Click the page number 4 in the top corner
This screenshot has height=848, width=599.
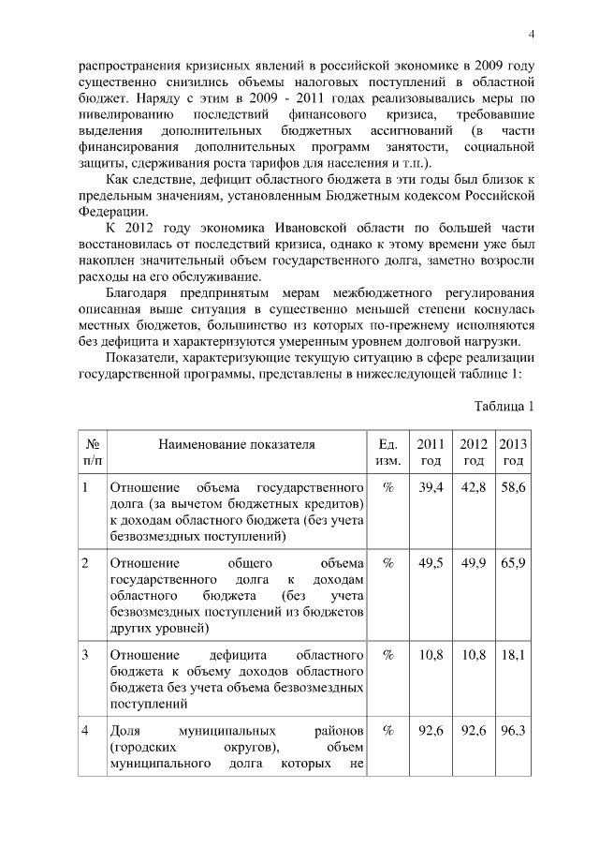pyautogui.click(x=530, y=36)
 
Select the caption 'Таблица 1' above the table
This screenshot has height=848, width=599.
pyautogui.click(x=504, y=406)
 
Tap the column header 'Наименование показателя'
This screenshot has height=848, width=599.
pyautogui.click(x=236, y=444)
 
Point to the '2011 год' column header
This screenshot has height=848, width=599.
pyautogui.click(x=431, y=453)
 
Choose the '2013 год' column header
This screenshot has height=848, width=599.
pyautogui.click(x=512, y=453)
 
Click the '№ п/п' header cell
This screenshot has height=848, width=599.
pyautogui.click(x=93, y=453)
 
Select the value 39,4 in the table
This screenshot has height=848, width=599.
pyautogui.click(x=431, y=488)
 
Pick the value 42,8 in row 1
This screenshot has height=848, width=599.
pyautogui.click(x=472, y=488)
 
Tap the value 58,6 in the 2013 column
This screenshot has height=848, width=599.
pyautogui.click(x=512, y=488)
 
